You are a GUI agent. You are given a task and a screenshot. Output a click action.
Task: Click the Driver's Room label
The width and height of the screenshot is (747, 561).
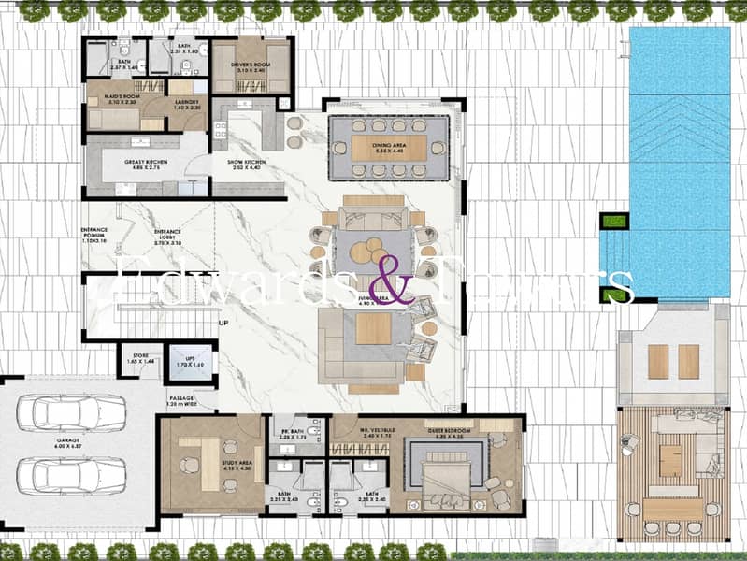[250, 66]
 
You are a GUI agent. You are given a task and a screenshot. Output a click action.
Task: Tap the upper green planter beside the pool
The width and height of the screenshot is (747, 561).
[613, 222]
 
